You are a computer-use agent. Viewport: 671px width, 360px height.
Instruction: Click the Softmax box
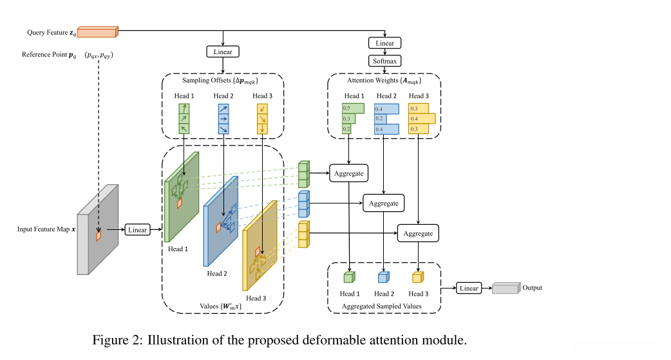tap(385, 61)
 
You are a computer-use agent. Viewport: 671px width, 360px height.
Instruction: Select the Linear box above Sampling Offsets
tap(223, 51)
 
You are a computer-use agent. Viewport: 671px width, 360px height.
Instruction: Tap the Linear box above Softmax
tap(385, 43)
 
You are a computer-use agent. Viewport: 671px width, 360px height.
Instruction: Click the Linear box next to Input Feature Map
tap(137, 230)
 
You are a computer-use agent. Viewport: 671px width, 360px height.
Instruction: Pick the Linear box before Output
tap(469, 288)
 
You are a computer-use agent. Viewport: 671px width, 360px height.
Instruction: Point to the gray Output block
tap(506, 289)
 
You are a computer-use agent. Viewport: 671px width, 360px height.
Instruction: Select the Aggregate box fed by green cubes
tap(348, 173)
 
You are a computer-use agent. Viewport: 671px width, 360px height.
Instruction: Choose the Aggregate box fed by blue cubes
tap(384, 204)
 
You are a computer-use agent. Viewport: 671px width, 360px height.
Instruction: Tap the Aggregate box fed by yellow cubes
tap(419, 233)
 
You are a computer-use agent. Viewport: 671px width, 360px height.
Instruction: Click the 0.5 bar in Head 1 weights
tap(353, 108)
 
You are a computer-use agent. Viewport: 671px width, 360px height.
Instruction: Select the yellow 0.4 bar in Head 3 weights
tap(422, 118)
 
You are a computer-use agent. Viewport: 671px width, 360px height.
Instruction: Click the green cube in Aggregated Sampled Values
tap(348, 278)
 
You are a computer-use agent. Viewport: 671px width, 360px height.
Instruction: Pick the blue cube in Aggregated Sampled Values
tap(383, 278)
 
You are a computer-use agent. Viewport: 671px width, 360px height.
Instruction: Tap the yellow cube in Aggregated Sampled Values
tap(417, 278)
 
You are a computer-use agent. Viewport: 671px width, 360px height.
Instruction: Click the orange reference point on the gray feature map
tap(99, 236)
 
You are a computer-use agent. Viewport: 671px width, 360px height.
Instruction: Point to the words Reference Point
tap(44, 55)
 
